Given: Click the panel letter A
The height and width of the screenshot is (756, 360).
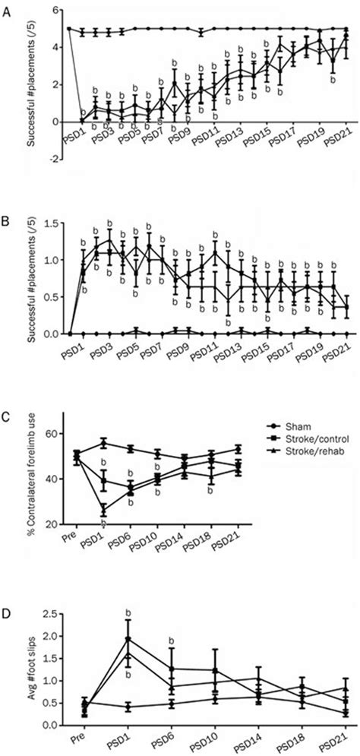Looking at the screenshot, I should tap(8, 11).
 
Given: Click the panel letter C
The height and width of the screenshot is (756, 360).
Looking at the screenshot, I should tap(8, 417).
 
